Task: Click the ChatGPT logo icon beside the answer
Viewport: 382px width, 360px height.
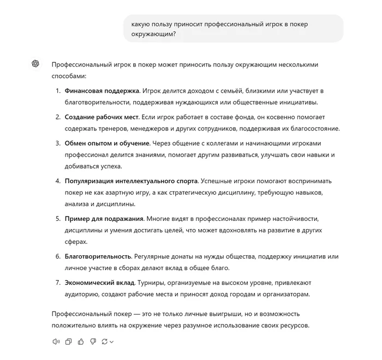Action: [x=35, y=64]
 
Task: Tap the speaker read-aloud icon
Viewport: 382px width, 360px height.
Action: [x=56, y=342]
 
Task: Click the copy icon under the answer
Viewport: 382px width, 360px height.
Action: [x=68, y=342]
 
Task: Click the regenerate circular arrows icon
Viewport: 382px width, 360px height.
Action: [x=104, y=342]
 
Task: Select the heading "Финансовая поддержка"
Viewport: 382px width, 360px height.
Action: [x=102, y=91]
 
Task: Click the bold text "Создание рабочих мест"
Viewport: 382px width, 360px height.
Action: [x=101, y=117]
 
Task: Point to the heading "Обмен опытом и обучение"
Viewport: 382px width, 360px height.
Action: [x=107, y=143]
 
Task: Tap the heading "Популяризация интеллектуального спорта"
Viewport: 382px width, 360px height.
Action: [x=131, y=181]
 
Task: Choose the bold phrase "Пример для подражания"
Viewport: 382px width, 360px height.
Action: [x=104, y=219]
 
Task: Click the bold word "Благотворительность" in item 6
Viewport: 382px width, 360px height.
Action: [x=98, y=256]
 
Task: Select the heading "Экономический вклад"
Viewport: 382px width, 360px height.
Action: [x=100, y=283]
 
